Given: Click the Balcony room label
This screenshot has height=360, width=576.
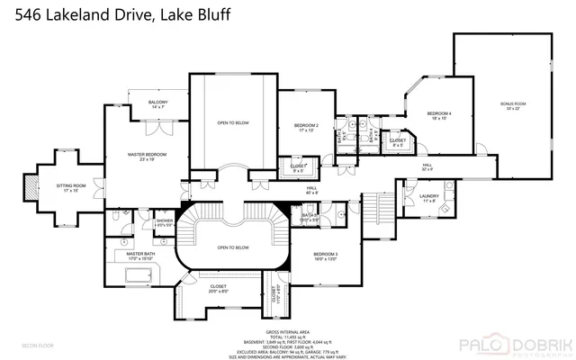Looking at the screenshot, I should tap(157, 104).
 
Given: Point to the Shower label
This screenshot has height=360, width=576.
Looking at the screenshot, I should tap(164, 222).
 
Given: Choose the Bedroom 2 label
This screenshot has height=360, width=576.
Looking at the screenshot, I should tap(307, 127).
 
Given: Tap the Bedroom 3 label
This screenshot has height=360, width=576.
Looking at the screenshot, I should tap(325, 257).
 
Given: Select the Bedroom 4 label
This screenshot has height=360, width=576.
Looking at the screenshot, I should tap(439, 115).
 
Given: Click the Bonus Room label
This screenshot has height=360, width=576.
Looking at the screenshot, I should tap(513, 106).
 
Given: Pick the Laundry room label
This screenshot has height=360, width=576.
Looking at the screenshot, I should tap(427, 199).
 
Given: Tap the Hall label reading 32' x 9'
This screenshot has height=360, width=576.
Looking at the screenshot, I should tap(428, 167).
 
